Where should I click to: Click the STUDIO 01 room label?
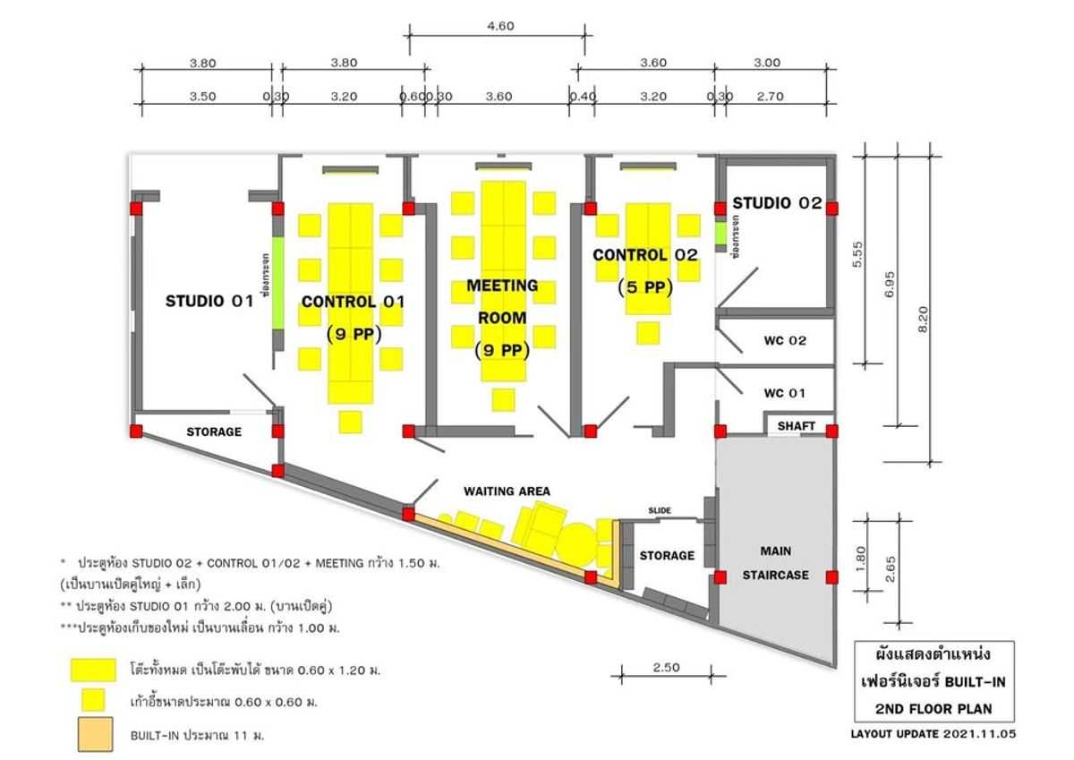click(x=209, y=301)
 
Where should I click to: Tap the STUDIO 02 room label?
click(x=777, y=203)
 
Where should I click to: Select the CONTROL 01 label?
click(x=353, y=301)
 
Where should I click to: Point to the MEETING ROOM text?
click(x=502, y=302)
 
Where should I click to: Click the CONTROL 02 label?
click(x=644, y=255)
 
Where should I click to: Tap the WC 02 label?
click(x=785, y=341)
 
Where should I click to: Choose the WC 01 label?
click(x=785, y=393)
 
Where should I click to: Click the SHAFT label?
click(x=796, y=426)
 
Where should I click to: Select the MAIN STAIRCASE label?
click(x=776, y=563)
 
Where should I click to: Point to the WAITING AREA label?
click(x=507, y=491)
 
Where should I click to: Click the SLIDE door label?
click(x=660, y=511)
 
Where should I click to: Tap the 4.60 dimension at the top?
click(x=500, y=26)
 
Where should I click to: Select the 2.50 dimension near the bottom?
click(x=666, y=667)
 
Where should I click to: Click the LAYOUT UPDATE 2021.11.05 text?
click(x=933, y=734)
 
